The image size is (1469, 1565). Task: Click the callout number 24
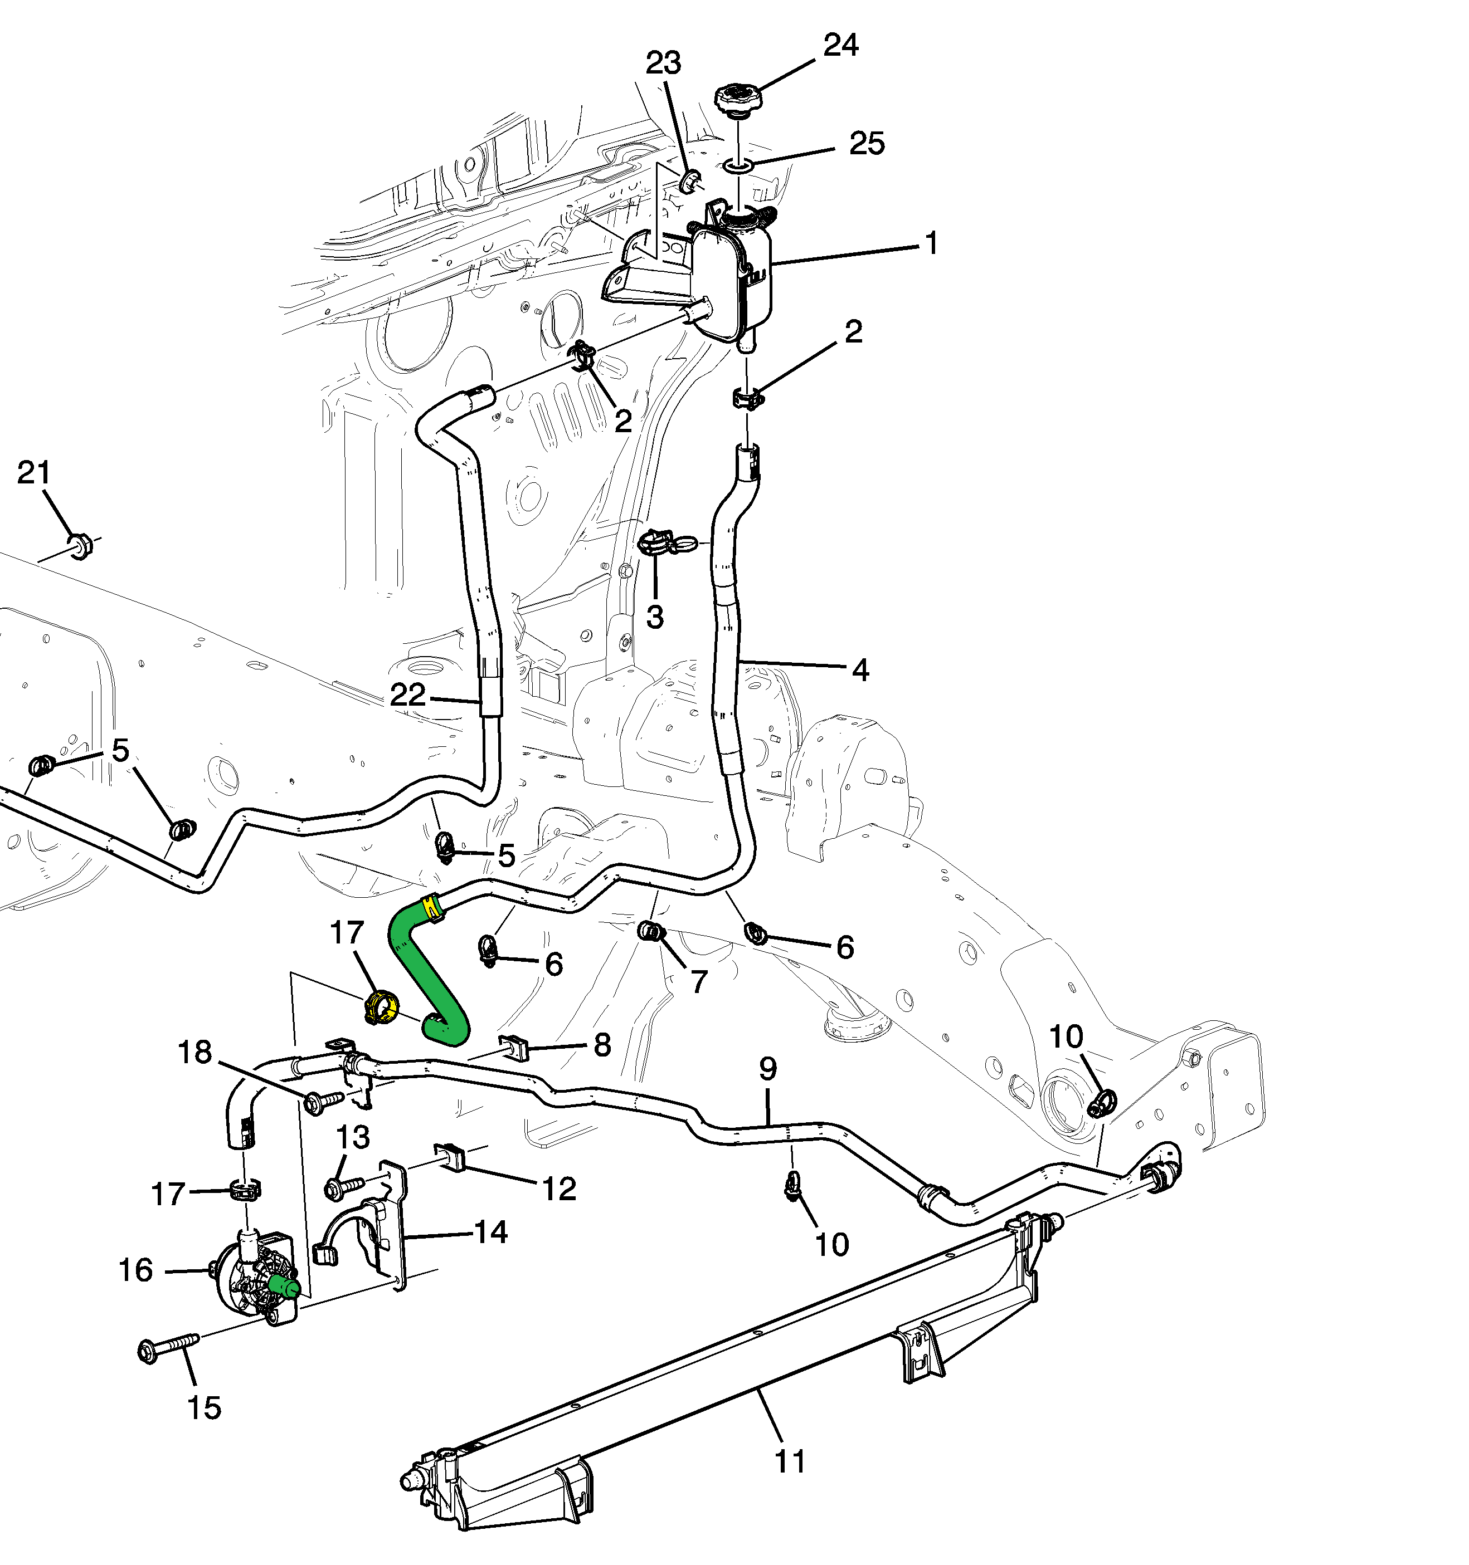coord(840,45)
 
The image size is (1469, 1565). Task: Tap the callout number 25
coord(867,143)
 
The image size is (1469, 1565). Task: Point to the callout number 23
coord(663,63)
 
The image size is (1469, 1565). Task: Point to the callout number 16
coord(135,1270)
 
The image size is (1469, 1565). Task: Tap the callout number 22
coord(407,695)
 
